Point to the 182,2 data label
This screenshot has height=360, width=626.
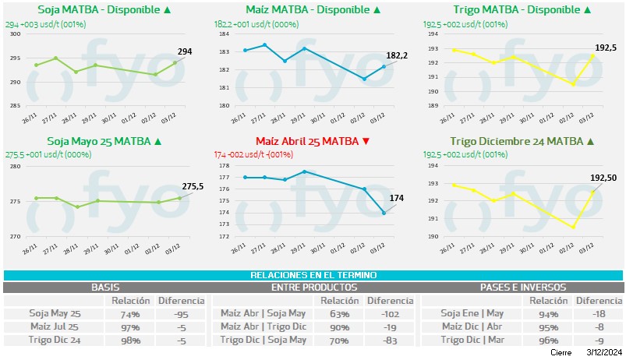pos(397,56)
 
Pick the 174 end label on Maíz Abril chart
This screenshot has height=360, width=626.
pos(396,199)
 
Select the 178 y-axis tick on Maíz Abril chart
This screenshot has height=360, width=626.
pos(223,166)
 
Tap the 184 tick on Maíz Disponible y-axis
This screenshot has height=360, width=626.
pos(223,35)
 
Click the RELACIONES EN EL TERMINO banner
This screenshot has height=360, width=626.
pos(313,275)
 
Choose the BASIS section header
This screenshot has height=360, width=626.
pos(105,287)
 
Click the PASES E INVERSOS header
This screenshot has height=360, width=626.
pos(522,287)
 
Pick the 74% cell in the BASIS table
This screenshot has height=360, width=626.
pos(129,313)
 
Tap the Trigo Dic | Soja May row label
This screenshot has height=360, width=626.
pos(263,340)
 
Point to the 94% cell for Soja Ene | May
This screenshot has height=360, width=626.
pos(548,313)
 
